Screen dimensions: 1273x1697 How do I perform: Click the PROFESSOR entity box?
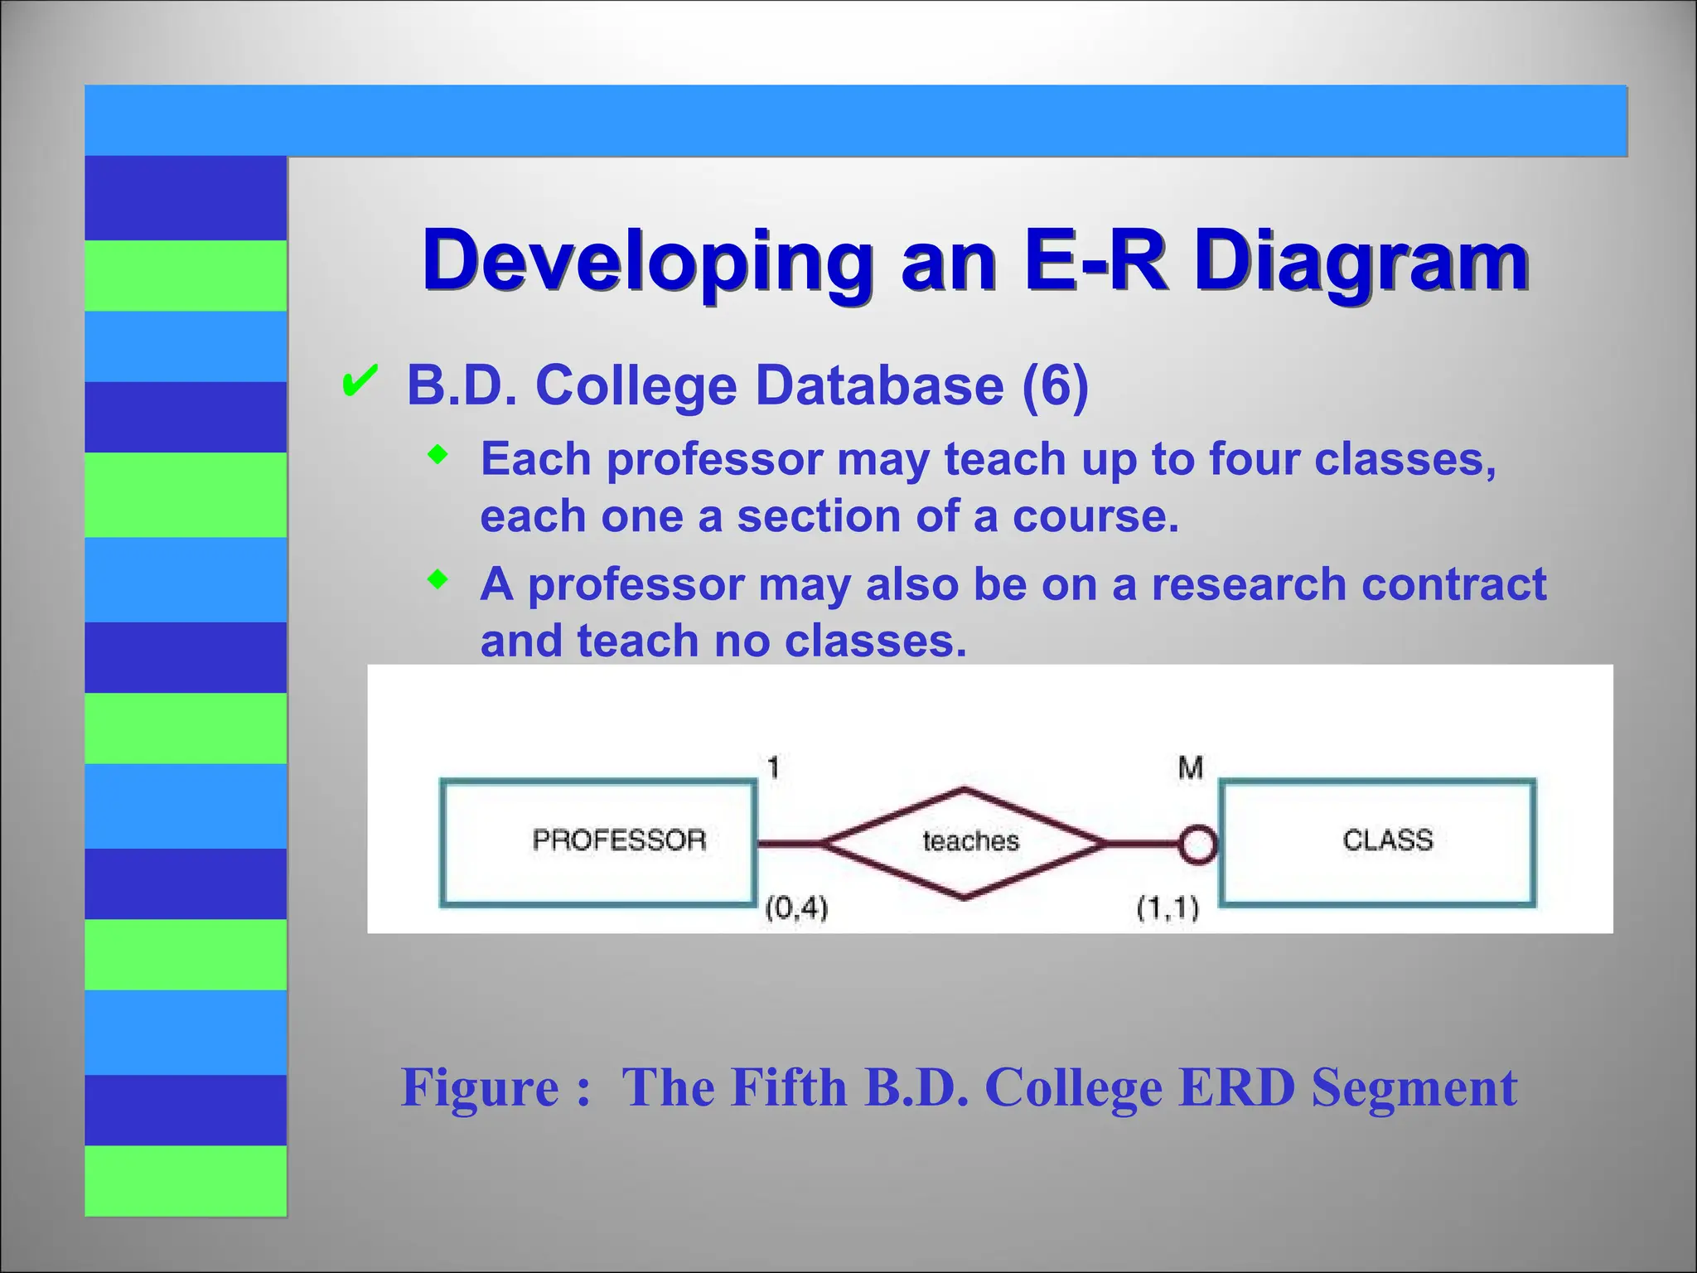tap(598, 841)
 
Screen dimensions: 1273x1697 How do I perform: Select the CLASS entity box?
tap(1377, 841)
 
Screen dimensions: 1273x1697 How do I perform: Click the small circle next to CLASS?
tap(1198, 845)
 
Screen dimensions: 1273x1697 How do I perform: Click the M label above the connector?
tap(1190, 767)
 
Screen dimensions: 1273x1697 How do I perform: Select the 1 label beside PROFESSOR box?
tap(773, 767)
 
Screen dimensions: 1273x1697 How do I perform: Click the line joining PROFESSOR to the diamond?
tap(789, 844)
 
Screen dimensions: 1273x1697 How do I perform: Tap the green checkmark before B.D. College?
tap(360, 381)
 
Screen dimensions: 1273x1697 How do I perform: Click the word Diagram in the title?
tap(1361, 261)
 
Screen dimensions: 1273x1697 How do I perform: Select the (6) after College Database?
tap(1055, 385)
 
